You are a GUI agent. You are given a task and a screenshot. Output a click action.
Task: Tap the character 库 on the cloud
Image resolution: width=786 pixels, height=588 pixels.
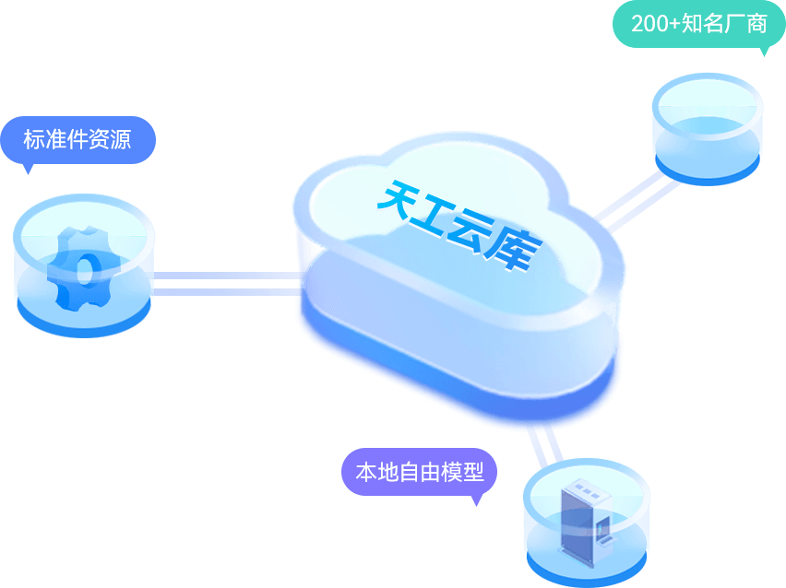tap(518, 249)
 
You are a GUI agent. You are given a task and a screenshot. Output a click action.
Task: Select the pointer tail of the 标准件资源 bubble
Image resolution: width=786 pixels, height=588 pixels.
tap(29, 168)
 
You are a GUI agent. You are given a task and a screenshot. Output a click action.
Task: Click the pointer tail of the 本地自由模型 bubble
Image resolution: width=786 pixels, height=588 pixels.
tap(476, 500)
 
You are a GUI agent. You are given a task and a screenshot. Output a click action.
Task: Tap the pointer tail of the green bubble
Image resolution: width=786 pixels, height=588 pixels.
tap(763, 51)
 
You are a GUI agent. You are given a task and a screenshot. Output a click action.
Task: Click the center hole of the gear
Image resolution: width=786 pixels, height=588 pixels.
tap(84, 270)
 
